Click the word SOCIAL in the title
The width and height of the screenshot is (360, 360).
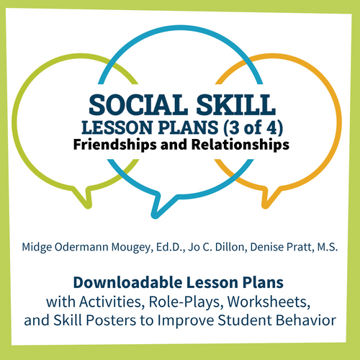coord(142,105)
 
